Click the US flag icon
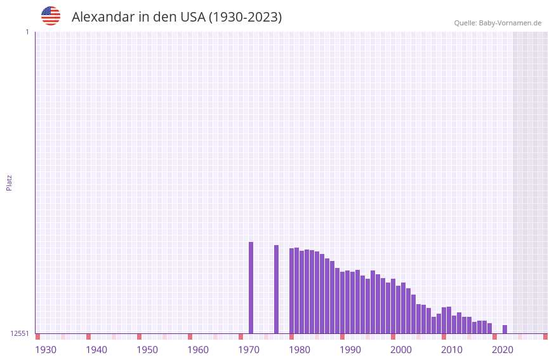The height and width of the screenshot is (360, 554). (51, 16)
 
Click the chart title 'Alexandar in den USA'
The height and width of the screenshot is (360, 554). (176, 17)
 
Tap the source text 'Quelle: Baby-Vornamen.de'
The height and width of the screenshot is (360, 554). (498, 23)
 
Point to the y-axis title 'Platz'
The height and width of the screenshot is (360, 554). (9, 182)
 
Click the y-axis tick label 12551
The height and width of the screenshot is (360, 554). (20, 333)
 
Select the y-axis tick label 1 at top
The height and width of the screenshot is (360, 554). (27, 32)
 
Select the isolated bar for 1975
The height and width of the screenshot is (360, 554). (276, 289)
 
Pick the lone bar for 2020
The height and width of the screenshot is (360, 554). (505, 329)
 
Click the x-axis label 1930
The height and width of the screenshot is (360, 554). (46, 350)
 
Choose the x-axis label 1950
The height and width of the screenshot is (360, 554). (147, 350)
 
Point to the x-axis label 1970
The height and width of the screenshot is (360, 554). (249, 350)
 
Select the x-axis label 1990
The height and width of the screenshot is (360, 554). (350, 350)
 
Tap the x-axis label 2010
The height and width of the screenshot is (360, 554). (452, 350)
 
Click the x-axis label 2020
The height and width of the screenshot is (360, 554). (503, 350)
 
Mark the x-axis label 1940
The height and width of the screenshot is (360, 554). (96, 350)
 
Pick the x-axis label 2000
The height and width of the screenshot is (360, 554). (401, 350)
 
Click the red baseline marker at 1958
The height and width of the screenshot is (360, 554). (190, 337)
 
